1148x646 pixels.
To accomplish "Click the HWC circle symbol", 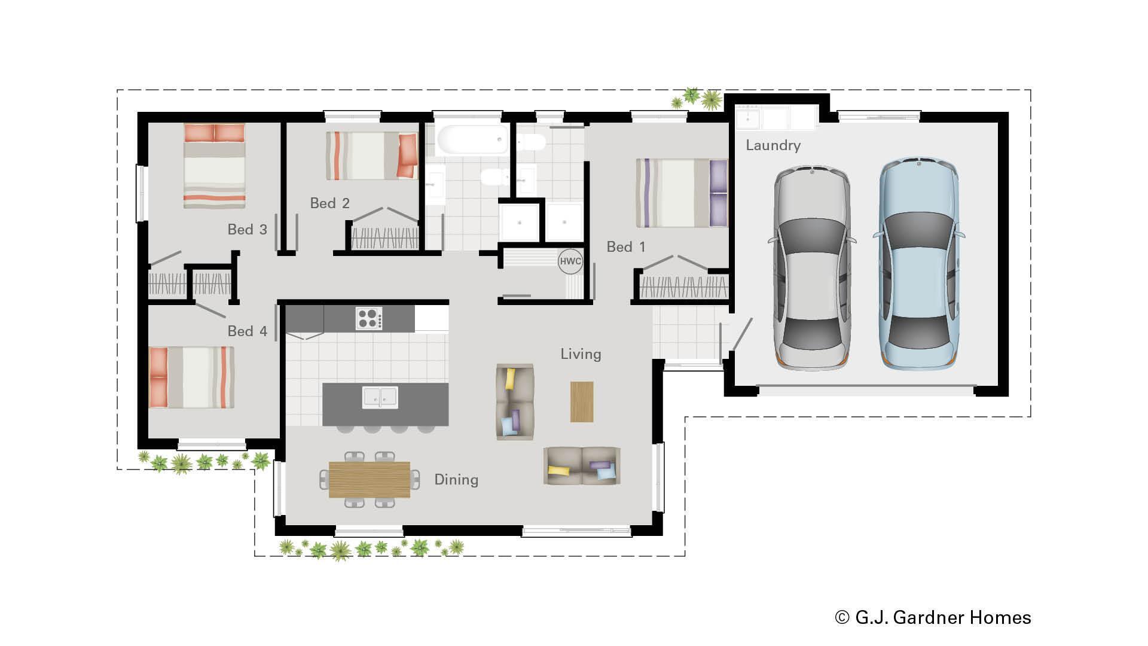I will (570, 261).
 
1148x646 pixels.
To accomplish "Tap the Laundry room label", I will (773, 145).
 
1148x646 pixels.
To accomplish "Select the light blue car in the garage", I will (918, 263).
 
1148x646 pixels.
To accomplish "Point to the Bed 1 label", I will (625, 247).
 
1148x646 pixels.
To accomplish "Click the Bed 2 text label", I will (329, 203).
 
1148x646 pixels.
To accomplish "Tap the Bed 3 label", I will (247, 230).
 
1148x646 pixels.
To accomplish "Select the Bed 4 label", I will (247, 331).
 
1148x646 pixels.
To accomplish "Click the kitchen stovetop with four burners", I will (369, 318).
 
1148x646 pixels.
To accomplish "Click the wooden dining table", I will (370, 479).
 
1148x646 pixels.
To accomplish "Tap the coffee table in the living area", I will (581, 402).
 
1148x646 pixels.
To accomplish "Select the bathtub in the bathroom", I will (472, 140).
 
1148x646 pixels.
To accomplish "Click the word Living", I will (580, 354).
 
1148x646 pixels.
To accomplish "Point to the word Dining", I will (456, 480).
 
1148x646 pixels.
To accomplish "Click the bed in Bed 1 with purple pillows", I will (682, 193).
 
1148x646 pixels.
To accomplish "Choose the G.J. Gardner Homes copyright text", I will (933, 617).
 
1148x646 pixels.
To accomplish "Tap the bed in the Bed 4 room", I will (191, 377).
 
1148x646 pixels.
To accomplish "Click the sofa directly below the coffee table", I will (582, 466).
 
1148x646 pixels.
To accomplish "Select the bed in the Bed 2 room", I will (371, 156).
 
